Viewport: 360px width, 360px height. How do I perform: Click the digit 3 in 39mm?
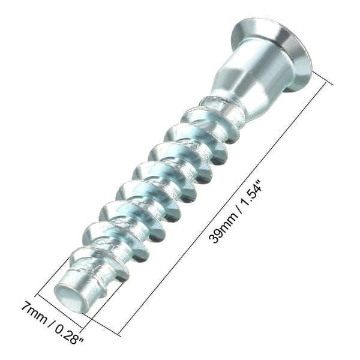(214, 238)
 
